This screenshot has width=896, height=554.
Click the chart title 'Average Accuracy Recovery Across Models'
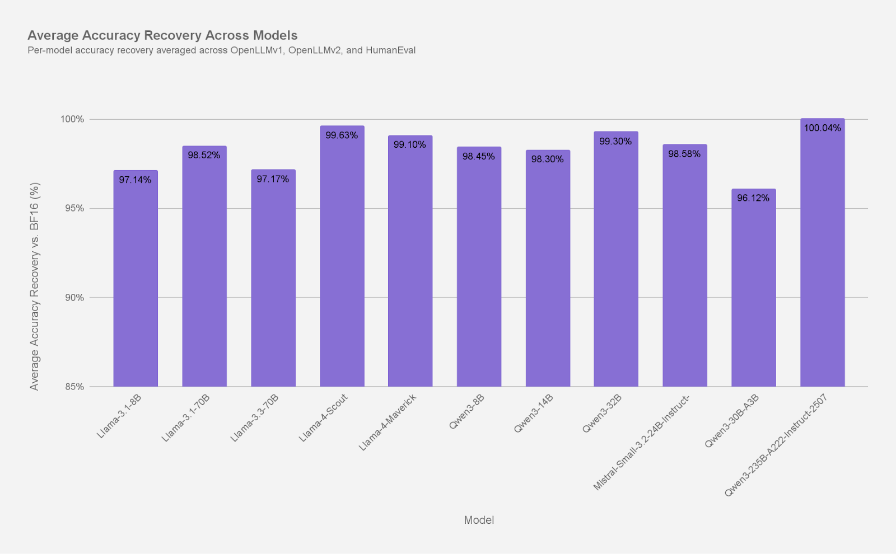162,35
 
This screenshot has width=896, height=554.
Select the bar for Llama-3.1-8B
136,280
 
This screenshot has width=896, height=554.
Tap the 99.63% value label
342,135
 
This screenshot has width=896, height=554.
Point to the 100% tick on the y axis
72,119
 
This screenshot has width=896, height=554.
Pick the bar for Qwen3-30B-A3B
753,291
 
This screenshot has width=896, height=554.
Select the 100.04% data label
822,128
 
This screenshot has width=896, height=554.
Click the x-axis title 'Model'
479,520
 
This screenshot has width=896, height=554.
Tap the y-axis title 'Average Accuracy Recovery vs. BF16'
35,286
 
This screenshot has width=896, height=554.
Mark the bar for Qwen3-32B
615,263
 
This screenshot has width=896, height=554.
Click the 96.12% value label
753,198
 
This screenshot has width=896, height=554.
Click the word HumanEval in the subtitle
390,50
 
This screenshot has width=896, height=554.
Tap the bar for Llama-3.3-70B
273,280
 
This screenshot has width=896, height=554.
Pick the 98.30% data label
547,159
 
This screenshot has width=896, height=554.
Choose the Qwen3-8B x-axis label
466,411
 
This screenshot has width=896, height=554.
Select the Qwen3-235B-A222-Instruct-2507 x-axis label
776,445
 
